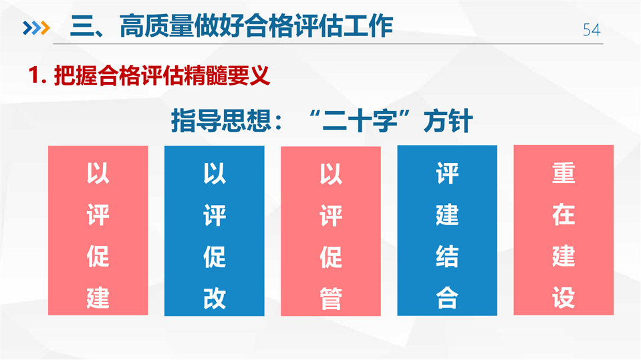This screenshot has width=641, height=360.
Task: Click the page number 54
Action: (592, 30)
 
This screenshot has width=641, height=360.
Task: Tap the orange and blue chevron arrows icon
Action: (36, 28)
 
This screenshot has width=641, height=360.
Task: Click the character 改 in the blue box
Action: (214, 299)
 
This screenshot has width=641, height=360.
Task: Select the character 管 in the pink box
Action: (331, 299)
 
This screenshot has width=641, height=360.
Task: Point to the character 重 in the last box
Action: (563, 173)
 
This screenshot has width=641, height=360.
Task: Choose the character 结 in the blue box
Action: (446, 256)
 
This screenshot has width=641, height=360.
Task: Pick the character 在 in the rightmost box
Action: (563, 214)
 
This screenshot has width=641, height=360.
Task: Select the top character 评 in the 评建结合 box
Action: (446, 173)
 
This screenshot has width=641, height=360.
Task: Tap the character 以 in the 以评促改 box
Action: (214, 173)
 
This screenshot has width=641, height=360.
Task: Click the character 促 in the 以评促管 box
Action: (331, 257)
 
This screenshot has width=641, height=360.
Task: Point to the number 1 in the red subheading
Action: (34, 75)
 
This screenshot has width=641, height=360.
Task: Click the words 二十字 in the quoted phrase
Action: (360, 121)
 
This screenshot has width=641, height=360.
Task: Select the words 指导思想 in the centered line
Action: (221, 121)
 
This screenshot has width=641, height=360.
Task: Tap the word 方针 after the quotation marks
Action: (448, 121)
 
